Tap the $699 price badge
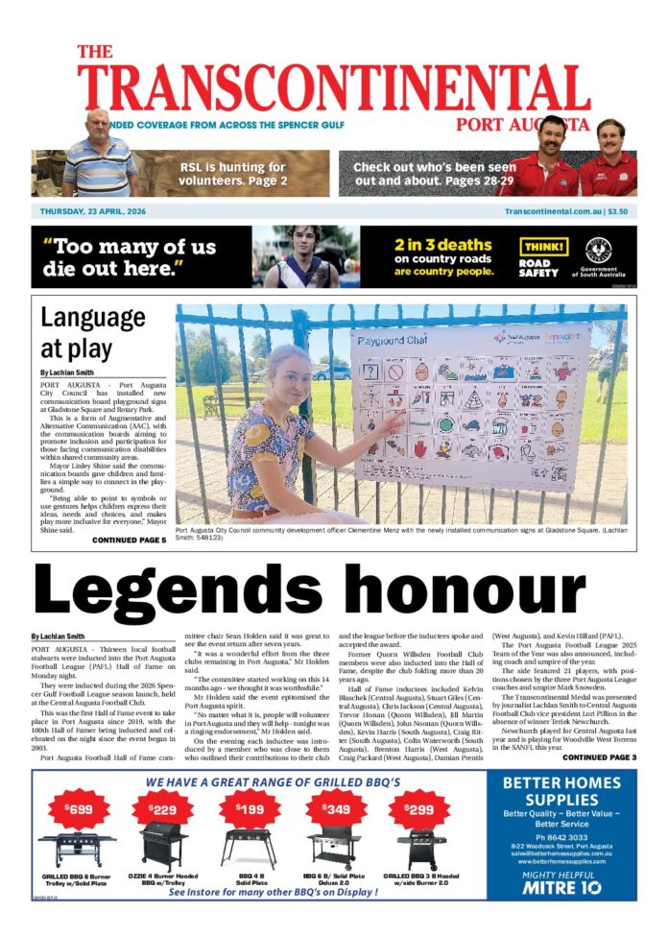point(79,809)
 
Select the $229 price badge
point(160,809)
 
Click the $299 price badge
point(418,809)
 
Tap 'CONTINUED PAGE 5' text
point(129,541)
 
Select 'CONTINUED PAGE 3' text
point(599,757)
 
